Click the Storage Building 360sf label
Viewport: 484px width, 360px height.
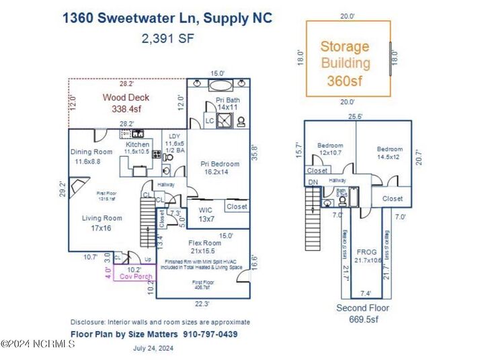pyautogui.click(x=344, y=63)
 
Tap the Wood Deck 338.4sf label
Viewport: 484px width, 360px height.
pyautogui.click(x=126, y=102)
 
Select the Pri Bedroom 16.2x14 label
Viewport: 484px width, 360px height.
pyautogui.click(x=220, y=168)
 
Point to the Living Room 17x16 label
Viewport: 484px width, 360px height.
pyautogui.click(x=102, y=223)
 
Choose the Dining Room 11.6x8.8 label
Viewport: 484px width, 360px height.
pyautogui.click(x=91, y=156)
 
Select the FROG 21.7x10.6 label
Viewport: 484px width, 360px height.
pyautogui.click(x=368, y=255)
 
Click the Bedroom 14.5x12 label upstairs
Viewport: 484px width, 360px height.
pyautogui.click(x=389, y=153)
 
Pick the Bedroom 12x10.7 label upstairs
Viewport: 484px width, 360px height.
pyautogui.click(x=330, y=149)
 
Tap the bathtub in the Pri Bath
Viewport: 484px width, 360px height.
pyautogui.click(x=219, y=86)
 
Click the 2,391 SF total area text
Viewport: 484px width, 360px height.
pyautogui.click(x=167, y=38)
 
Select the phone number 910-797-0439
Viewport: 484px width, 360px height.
pyautogui.click(x=209, y=334)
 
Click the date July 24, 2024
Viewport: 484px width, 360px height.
pyautogui.click(x=154, y=348)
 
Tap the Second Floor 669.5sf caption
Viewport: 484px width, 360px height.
pyautogui.click(x=362, y=314)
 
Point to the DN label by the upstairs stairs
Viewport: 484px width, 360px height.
pyautogui.click(x=312, y=182)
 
